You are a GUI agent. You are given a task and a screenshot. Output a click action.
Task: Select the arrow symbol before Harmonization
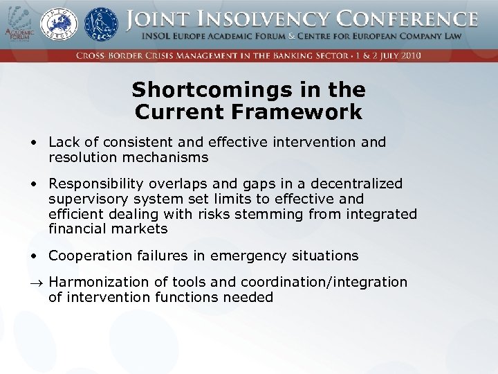35,283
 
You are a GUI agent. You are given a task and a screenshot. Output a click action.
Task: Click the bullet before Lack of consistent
34,143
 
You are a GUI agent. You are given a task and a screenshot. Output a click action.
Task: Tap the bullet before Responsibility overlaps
34,184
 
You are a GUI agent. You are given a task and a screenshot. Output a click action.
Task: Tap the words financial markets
108,229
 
